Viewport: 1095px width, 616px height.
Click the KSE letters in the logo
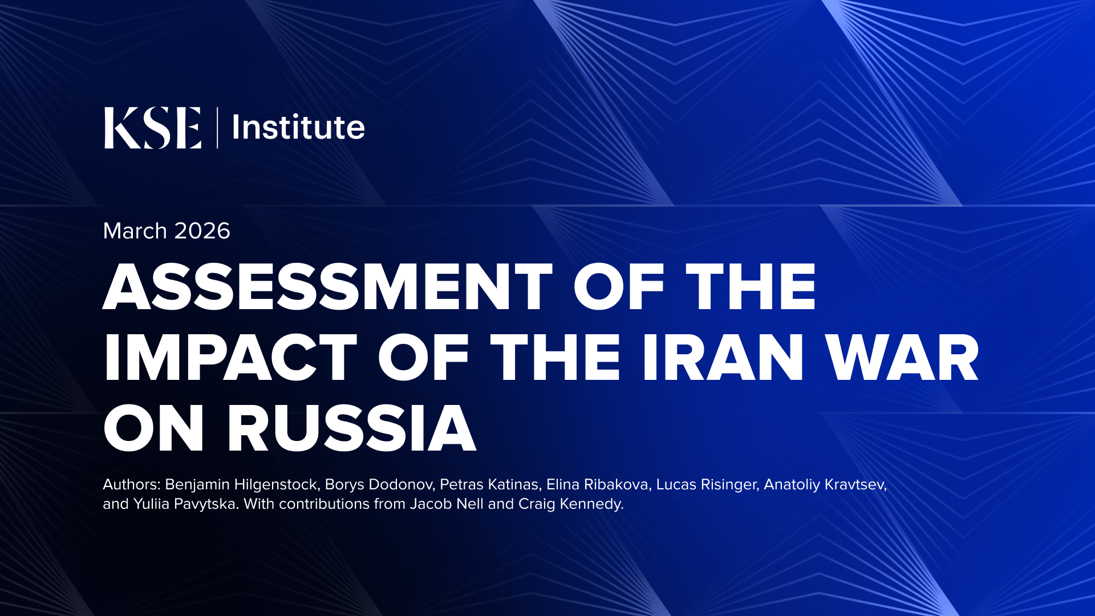[153, 128]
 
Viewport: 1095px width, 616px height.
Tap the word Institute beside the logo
[298, 127]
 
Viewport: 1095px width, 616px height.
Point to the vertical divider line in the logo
[217, 128]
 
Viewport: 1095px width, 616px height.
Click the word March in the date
[135, 231]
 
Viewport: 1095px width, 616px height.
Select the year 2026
[202, 231]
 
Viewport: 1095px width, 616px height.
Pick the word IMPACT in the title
[230, 358]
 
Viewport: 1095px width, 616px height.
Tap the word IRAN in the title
[723, 358]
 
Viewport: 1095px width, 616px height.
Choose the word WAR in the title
[902, 358]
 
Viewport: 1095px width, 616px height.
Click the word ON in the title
[153, 428]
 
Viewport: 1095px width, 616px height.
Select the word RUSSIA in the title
[351, 428]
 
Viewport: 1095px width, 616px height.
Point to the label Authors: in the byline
[132, 484]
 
